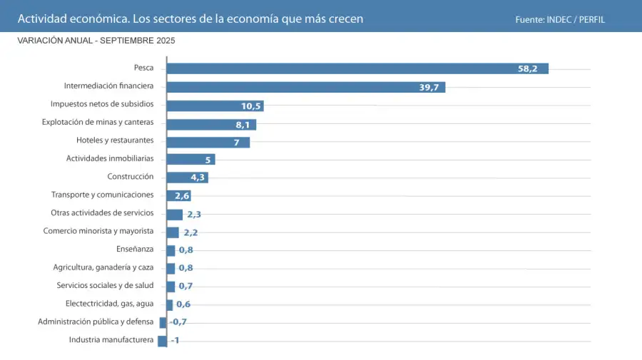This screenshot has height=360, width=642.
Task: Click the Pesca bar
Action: pyautogui.click(x=357, y=68)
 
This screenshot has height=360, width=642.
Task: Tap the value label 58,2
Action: pyautogui.click(x=528, y=69)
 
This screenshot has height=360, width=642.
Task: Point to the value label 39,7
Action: pyautogui.click(x=429, y=88)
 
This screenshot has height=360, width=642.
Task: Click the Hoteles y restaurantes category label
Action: pyautogui.click(x=115, y=140)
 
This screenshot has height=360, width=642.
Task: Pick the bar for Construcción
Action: pyautogui.click(x=186, y=177)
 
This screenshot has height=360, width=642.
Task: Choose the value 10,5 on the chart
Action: pyautogui.click(x=252, y=106)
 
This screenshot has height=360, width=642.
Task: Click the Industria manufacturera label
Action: pyautogui.click(x=111, y=339)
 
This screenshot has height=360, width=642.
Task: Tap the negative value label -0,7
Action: pyautogui.click(x=178, y=322)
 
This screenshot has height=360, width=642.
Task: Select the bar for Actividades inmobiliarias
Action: pyautogui.click(x=190, y=159)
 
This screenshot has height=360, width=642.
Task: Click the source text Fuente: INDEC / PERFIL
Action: pyautogui.click(x=560, y=19)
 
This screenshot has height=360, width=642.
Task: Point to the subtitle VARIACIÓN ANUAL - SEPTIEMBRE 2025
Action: pyautogui.click(x=96, y=41)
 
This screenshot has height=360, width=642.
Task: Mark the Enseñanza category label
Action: pyautogui.click(x=135, y=249)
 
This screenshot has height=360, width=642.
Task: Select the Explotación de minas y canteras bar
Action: pyautogui.click(x=210, y=124)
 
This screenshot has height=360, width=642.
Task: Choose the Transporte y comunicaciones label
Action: pyautogui.click(x=102, y=195)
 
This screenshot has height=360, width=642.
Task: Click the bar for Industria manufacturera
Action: pyautogui.click(x=162, y=341)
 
